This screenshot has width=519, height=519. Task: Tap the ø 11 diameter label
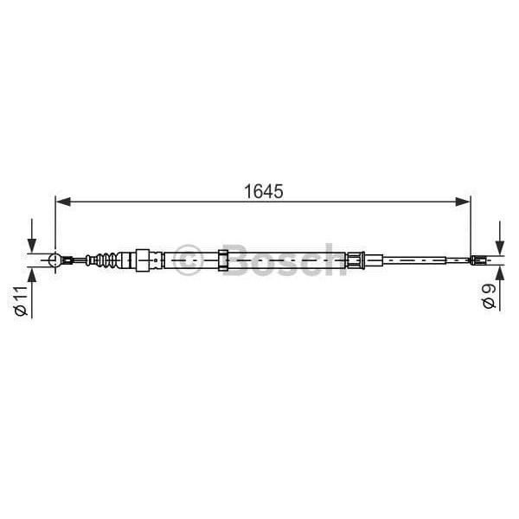(22, 299)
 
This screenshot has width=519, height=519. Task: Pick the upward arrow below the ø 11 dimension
(32, 276)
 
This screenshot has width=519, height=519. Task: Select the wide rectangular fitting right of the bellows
(146, 259)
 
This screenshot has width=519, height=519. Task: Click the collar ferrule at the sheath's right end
(354, 259)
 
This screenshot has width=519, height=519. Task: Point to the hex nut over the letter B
(223, 259)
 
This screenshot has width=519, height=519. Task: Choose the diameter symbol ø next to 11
(22, 312)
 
